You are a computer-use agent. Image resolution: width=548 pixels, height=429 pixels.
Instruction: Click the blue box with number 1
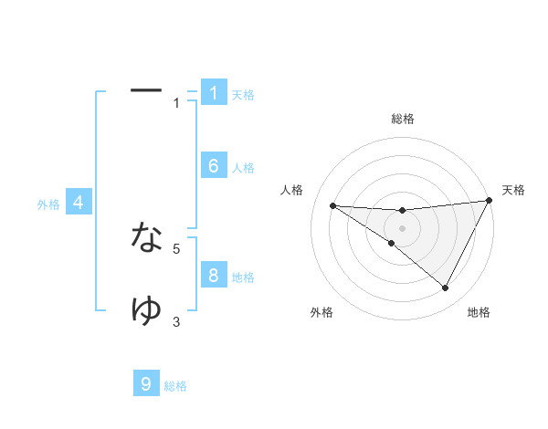(214, 93)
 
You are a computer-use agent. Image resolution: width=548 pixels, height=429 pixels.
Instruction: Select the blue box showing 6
(214, 166)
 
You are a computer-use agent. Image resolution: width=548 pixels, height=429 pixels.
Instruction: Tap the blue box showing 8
(214, 276)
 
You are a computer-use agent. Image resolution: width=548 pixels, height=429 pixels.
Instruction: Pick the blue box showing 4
(79, 203)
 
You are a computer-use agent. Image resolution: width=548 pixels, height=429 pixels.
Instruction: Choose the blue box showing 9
(146, 384)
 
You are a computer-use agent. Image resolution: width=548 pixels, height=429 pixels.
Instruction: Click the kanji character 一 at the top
(146, 90)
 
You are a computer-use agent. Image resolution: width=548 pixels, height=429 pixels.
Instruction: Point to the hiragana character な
(146, 237)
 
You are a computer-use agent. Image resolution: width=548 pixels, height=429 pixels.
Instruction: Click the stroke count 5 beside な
(176, 247)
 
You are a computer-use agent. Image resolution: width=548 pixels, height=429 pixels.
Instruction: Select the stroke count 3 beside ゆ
(176, 320)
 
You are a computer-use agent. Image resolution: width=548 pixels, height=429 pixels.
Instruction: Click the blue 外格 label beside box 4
(48, 204)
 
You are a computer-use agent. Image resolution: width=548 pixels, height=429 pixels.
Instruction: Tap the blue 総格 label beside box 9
(175, 386)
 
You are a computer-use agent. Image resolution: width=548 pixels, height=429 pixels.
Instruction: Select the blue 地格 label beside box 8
(243, 277)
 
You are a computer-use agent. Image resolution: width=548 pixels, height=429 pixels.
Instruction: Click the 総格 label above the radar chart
(403, 119)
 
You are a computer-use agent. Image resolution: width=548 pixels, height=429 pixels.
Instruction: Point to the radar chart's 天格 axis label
(514, 190)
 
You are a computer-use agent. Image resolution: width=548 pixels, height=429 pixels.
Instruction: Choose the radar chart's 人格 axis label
(291, 190)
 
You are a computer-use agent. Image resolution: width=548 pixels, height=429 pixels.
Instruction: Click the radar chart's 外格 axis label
(321, 312)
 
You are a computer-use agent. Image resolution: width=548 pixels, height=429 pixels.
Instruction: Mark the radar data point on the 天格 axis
(489, 200)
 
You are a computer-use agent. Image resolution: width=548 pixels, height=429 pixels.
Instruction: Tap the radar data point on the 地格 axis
(446, 288)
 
